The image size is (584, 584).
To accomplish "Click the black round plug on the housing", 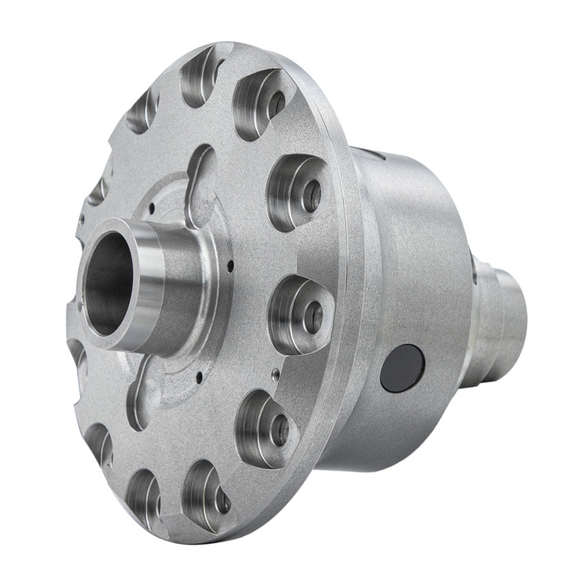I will coord(402,368).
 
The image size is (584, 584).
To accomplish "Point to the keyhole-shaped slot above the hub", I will coord(198,179).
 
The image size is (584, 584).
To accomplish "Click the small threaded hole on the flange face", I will coord(274,374).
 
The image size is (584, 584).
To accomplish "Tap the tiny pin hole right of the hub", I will coord(229,264).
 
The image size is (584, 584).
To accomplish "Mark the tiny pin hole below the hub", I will coord(198,379).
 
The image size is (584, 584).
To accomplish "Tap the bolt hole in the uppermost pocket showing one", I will coord(276,104).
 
